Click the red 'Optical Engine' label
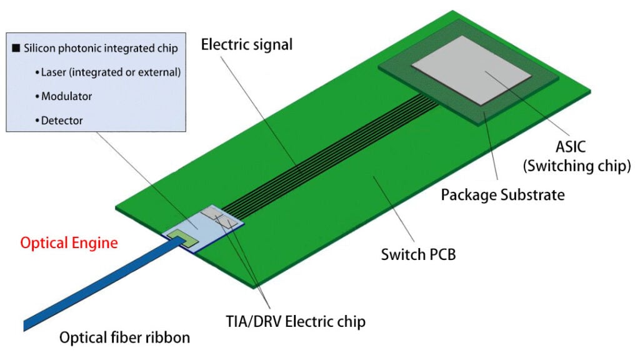69,243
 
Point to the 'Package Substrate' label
502,194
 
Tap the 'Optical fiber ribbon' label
124,338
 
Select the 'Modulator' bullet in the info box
67,96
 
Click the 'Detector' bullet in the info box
62,120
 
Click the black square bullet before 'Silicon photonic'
16,49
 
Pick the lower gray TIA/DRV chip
228,222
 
